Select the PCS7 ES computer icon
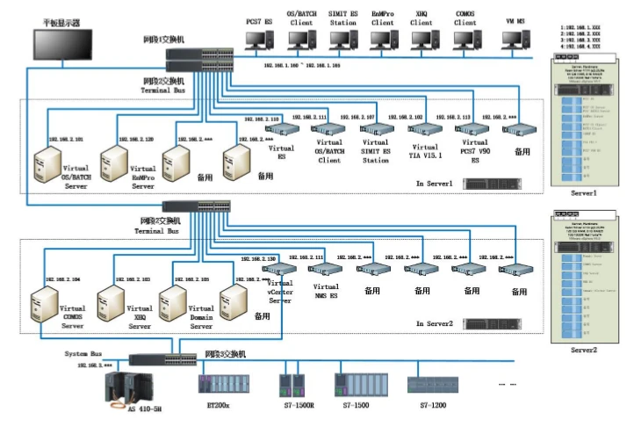pyautogui.click(x=258, y=39)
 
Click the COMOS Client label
pyautogui.click(x=465, y=18)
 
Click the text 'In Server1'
pyautogui.click(x=435, y=183)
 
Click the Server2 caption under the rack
pyautogui.click(x=583, y=350)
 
